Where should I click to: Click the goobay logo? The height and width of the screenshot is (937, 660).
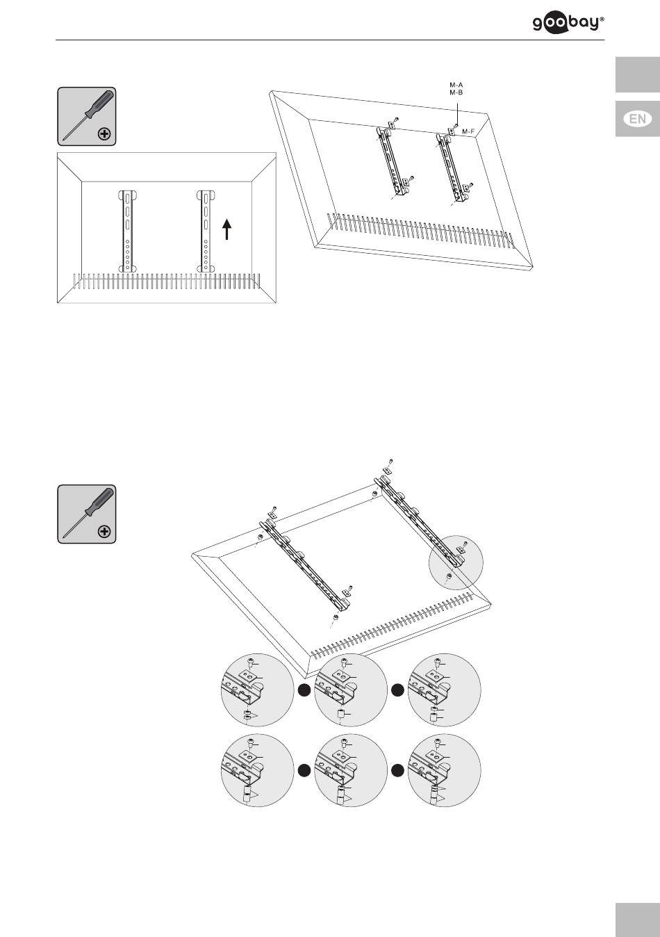click(x=568, y=24)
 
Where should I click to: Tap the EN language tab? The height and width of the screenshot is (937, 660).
click(x=638, y=119)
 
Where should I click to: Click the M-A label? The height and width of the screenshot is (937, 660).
click(x=456, y=85)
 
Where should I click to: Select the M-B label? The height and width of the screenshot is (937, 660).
click(x=456, y=92)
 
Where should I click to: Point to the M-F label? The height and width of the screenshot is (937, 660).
click(x=468, y=132)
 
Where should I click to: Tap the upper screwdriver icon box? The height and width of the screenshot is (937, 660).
click(x=87, y=116)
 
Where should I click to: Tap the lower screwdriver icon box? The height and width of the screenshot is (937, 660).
click(x=87, y=514)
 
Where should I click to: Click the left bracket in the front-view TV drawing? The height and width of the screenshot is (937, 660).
click(x=128, y=231)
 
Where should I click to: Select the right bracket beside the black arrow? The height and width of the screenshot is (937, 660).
click(x=206, y=231)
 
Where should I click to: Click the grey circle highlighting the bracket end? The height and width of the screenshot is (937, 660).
click(x=456, y=562)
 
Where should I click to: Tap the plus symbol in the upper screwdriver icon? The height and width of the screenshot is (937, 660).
click(x=104, y=134)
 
